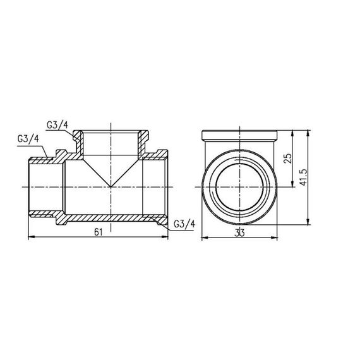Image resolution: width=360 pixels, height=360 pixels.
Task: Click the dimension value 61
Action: tap(98, 232)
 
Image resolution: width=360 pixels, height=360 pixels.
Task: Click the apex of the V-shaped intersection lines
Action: tap(111, 187)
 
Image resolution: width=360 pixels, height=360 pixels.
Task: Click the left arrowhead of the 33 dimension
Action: tap(203, 238)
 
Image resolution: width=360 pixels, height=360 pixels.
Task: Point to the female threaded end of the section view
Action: tap(155, 187)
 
